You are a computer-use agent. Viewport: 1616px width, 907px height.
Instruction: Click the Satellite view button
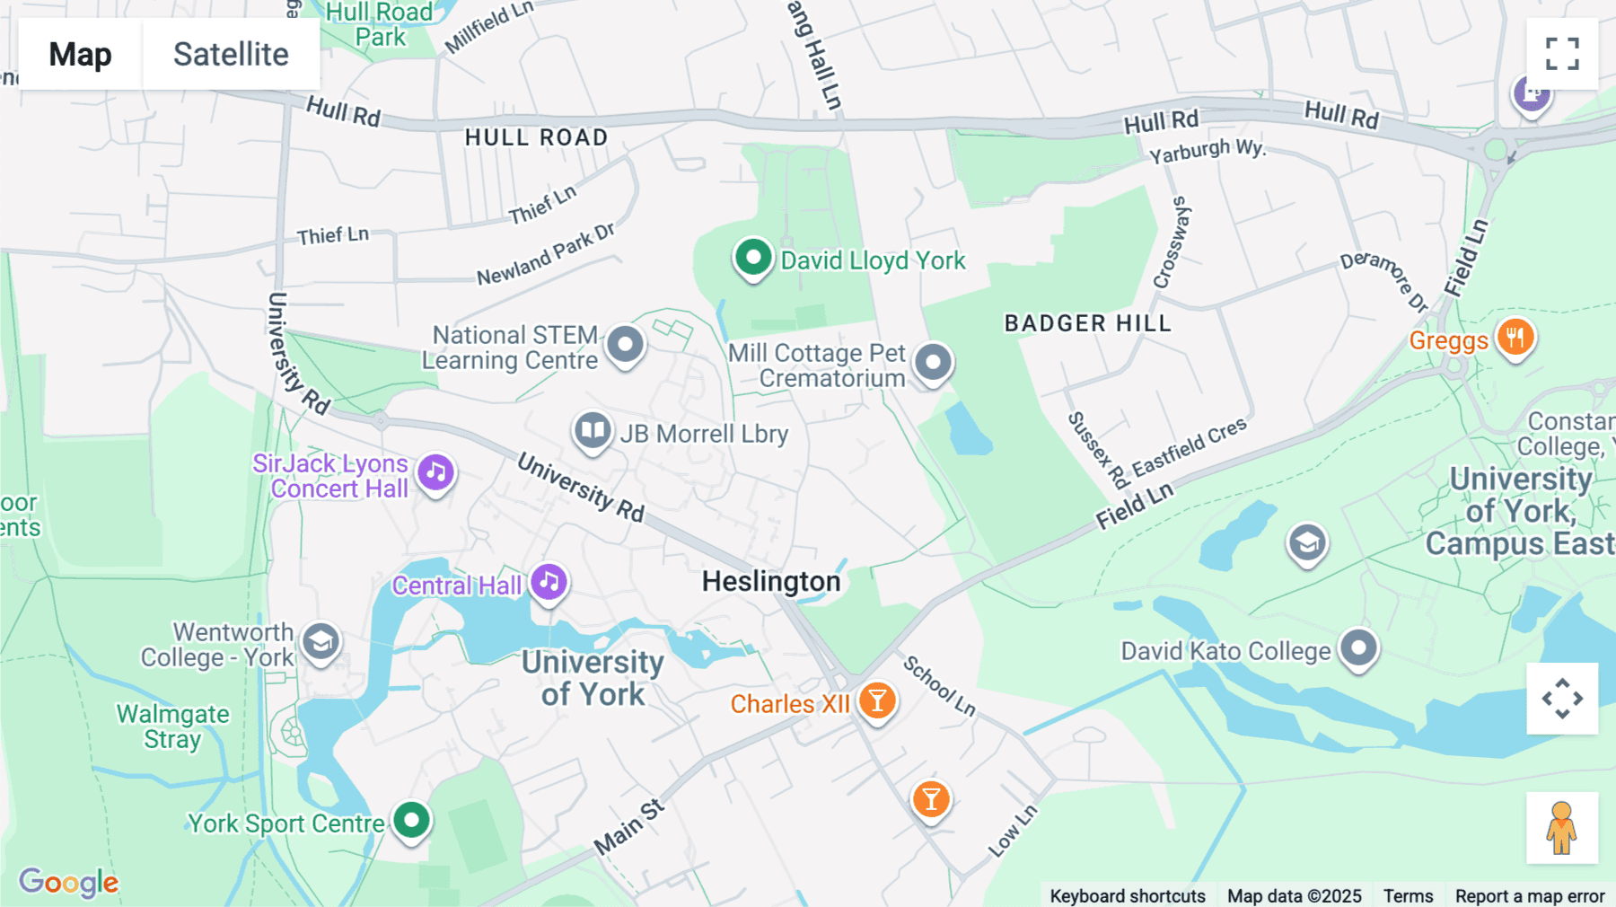coord(231,54)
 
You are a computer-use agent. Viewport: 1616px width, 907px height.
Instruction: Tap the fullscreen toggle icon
coord(1562,54)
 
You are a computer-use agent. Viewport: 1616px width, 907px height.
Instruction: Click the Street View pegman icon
coord(1562,828)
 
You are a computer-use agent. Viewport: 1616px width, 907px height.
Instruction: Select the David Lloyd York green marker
coord(753,259)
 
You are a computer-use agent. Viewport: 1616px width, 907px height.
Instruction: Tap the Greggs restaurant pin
coord(1515,339)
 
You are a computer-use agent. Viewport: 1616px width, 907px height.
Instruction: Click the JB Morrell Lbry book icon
coord(593,431)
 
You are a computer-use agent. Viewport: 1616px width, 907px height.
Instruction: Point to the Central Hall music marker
coord(549,583)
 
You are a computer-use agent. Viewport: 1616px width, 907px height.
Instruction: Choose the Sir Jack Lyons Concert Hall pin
coord(436,472)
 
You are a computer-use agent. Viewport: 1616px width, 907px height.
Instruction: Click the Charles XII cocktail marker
coord(877,700)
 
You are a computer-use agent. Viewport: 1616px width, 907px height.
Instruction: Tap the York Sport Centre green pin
coord(412,820)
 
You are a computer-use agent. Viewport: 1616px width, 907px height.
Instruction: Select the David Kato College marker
coord(1358,647)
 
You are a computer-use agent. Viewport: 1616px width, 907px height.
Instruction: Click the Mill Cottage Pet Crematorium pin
coord(934,363)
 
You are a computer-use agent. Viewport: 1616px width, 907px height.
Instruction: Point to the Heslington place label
coord(770,582)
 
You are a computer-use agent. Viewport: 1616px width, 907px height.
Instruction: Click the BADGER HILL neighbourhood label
coord(1087,323)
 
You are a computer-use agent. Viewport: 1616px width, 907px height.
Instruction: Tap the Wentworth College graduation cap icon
coord(321,642)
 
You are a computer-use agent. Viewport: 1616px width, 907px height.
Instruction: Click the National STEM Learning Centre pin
coord(625,345)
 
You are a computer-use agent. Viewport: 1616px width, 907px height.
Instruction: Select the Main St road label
coord(628,827)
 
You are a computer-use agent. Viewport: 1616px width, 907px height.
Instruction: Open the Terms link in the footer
coord(1408,895)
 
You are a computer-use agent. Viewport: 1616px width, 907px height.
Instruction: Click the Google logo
coord(69,882)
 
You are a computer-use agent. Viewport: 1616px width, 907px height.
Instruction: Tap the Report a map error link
coord(1529,895)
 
